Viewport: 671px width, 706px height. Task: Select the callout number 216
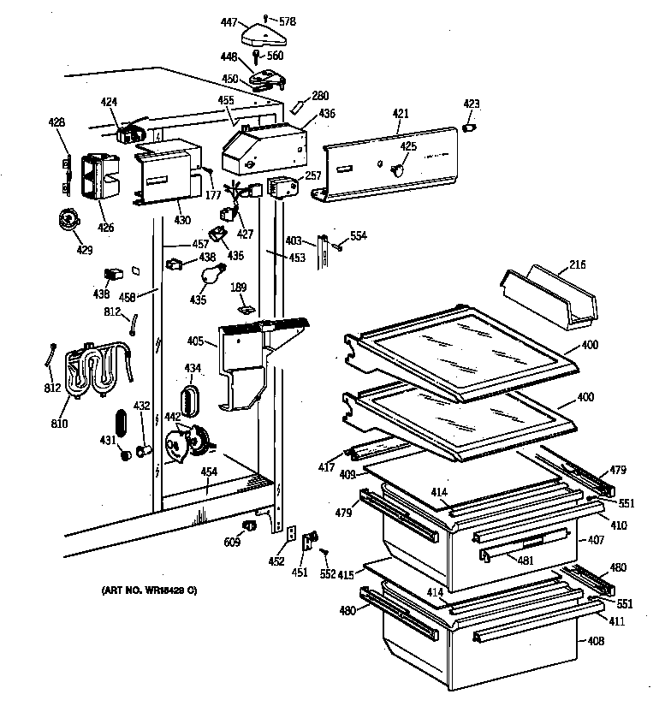point(577,266)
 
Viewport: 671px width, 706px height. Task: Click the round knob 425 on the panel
point(395,169)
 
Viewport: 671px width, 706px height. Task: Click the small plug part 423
point(470,128)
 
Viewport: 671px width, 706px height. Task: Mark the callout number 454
point(208,472)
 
